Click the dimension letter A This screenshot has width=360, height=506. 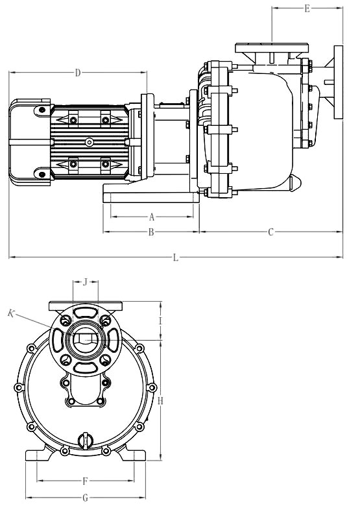click(x=152, y=217)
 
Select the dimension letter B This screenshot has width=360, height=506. click(x=151, y=232)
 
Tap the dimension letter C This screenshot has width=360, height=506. click(x=271, y=232)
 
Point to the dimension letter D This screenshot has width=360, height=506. click(x=78, y=73)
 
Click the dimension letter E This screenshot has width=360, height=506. click(x=307, y=8)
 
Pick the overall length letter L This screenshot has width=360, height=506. click(x=176, y=258)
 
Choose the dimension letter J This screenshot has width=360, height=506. click(x=85, y=282)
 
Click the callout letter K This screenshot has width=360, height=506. click(x=11, y=313)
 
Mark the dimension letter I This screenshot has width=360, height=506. click(x=160, y=320)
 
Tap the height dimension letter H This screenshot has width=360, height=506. click(x=161, y=401)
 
